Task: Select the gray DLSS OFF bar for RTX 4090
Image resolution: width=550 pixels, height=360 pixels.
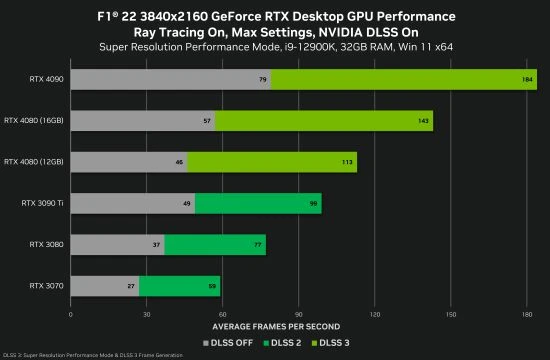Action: pyautogui.click(x=170, y=79)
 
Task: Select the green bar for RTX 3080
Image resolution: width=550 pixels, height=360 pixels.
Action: pyautogui.click(x=215, y=245)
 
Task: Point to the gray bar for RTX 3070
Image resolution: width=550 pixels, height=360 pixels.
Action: pyautogui.click(x=104, y=287)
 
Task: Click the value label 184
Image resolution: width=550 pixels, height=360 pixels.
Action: pyautogui.click(x=528, y=79)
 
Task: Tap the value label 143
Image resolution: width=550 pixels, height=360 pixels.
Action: pyautogui.click(x=424, y=121)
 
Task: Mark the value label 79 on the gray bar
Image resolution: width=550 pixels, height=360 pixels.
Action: pyautogui.click(x=262, y=79)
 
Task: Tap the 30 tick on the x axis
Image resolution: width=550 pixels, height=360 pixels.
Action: pyautogui.click(x=146, y=314)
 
